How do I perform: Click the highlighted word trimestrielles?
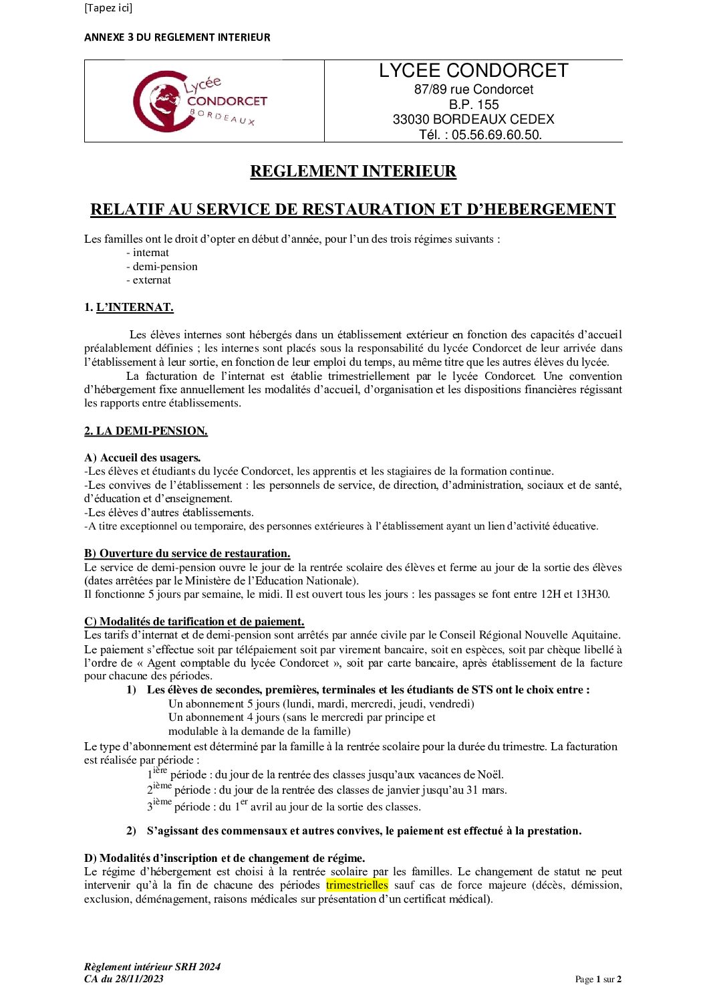[357, 885]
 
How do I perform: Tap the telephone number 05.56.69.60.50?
[497, 134]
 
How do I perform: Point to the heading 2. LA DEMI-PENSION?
[146, 431]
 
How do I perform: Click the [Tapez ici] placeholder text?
[108, 8]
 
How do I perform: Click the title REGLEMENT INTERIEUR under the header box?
[353, 171]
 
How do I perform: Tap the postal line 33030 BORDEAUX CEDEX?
[473, 119]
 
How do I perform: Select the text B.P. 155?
[474, 104]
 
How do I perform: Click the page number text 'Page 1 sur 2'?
[598, 980]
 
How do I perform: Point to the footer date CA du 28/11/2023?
[124, 979]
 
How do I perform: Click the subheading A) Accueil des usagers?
[142, 458]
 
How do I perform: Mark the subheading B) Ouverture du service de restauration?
[187, 554]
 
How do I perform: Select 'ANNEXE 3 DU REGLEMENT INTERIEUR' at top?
[177, 37]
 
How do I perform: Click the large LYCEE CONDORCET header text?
[473, 71]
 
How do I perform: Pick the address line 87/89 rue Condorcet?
[473, 90]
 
